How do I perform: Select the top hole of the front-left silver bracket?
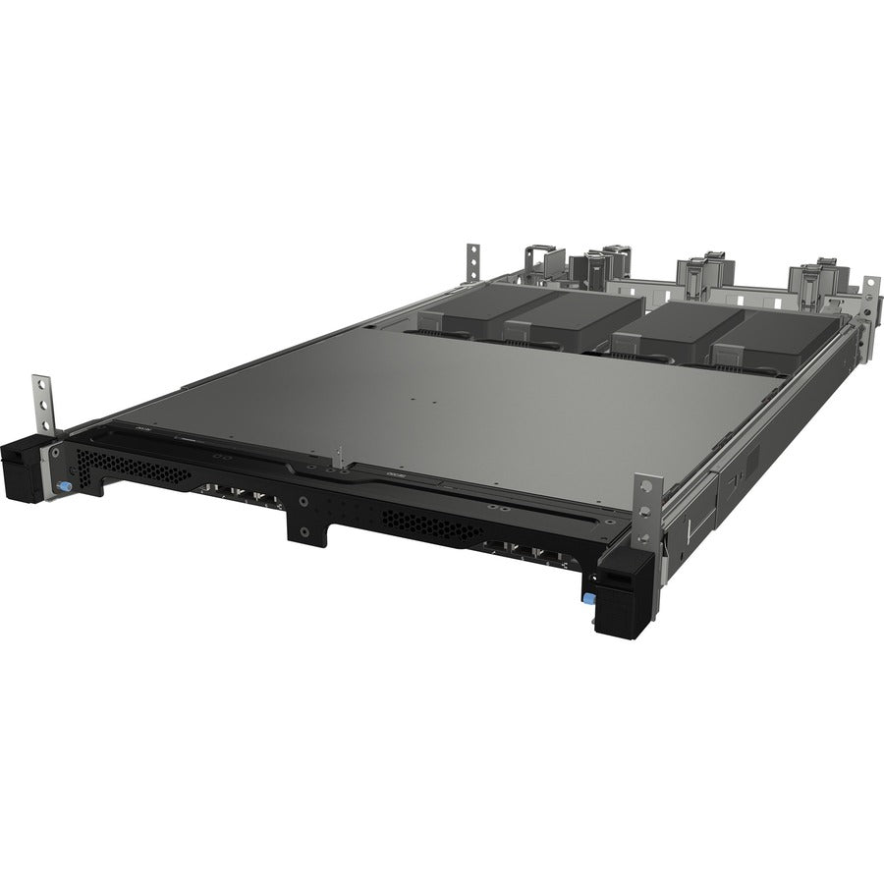42,383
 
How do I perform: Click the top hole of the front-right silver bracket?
647,488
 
